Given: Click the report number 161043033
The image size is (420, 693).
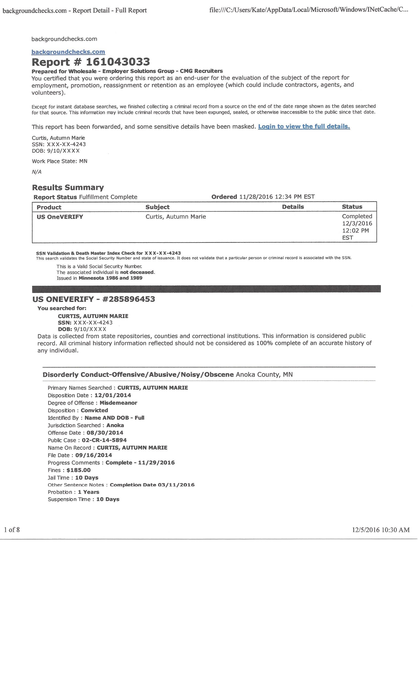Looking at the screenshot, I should [x=118, y=62].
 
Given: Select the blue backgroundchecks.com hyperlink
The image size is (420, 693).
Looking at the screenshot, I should [x=68, y=52].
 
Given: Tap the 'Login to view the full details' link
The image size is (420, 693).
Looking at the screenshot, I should [x=304, y=126].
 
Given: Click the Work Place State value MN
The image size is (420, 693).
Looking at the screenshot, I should [x=84, y=161].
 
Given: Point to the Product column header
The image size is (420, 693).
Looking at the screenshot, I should [x=49, y=207].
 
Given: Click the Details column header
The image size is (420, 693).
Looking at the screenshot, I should [x=293, y=207].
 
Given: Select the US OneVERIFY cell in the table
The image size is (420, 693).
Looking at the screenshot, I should [x=60, y=217].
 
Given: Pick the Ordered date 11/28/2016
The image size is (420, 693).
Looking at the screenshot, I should [x=256, y=197].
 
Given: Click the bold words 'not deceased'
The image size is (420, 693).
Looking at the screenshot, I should [x=137, y=272].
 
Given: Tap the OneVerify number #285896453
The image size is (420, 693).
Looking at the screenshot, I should [x=128, y=299].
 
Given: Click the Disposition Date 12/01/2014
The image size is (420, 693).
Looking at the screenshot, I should [x=113, y=395].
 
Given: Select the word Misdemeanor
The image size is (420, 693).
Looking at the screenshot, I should [x=118, y=403].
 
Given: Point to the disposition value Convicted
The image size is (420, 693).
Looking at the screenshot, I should [x=94, y=410].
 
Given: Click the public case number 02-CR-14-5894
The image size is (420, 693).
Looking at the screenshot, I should [x=104, y=440].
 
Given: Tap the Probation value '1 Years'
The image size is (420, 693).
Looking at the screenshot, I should [x=88, y=492].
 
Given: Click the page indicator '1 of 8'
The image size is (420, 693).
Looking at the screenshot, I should [x=12, y=530].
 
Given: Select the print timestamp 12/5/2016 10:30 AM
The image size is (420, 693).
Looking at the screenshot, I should [x=381, y=530].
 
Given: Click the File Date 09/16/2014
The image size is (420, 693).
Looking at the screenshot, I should [x=94, y=455].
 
